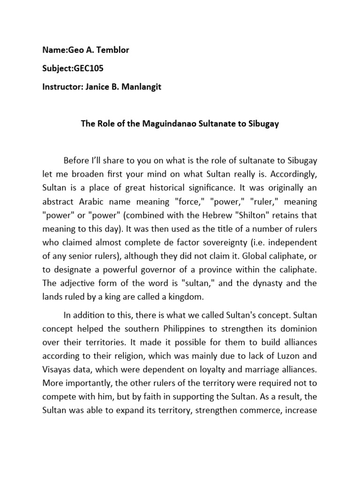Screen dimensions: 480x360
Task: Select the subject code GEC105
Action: click(x=88, y=68)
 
